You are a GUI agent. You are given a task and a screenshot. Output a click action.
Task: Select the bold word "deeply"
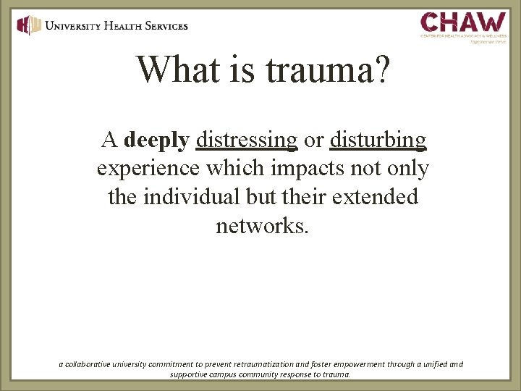pos(156,140)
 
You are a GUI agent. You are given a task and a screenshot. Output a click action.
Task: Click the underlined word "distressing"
pos(247,140)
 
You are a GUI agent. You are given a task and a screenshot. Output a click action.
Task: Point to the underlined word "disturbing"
pos(378,140)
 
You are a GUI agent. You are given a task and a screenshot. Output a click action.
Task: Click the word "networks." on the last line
pos(262,226)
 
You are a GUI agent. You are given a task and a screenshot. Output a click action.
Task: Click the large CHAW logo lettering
pos(463,21)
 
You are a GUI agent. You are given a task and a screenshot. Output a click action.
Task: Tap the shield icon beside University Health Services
pos(28,25)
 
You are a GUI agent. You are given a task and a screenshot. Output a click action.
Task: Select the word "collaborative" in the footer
pos(89,364)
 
